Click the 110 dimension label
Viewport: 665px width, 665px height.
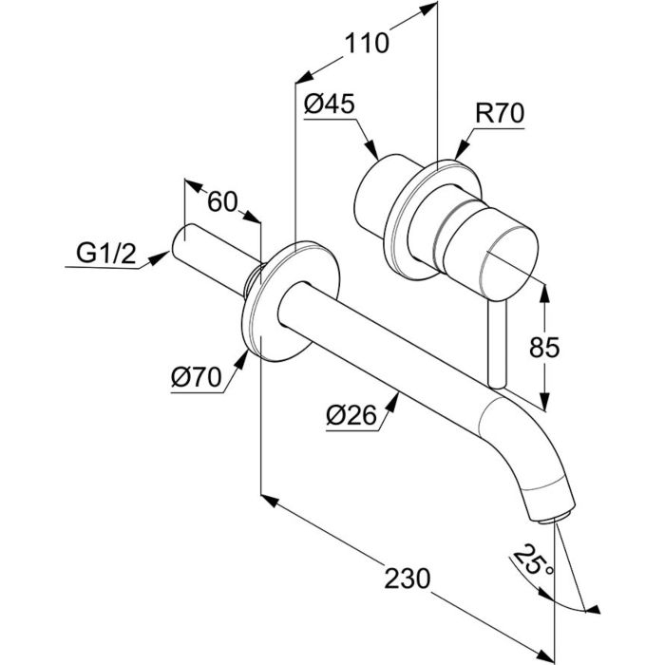(367, 44)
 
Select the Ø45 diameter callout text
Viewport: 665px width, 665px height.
(329, 104)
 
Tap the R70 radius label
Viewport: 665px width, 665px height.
(500, 113)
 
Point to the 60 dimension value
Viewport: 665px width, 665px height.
(221, 201)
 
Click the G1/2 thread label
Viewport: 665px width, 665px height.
(106, 254)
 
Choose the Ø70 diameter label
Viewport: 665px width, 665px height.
(197, 376)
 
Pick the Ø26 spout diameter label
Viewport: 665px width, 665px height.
(351, 415)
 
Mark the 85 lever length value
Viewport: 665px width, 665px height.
(544, 347)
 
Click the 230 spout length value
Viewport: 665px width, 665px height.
(408, 579)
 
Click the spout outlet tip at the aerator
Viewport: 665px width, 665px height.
(554, 519)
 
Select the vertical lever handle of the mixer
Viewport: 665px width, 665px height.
(497, 344)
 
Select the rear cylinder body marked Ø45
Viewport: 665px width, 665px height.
(383, 195)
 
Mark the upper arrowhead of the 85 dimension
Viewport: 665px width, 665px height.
(544, 293)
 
